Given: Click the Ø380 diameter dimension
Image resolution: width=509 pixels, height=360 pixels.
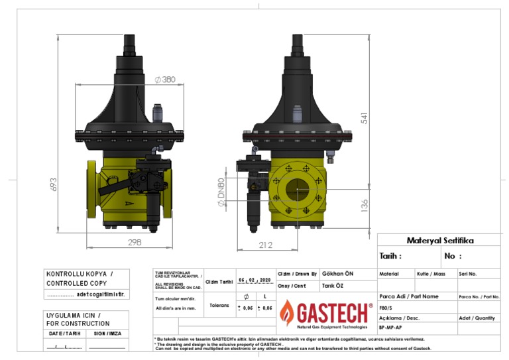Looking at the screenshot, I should click(x=165, y=80).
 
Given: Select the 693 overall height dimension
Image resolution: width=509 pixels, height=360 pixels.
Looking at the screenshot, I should click(x=54, y=184).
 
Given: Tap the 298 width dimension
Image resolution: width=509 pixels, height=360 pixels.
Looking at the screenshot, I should click(x=135, y=243).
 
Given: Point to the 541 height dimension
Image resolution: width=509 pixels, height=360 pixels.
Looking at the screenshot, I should click(x=364, y=117).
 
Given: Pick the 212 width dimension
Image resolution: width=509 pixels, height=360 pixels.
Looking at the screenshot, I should click(x=266, y=245).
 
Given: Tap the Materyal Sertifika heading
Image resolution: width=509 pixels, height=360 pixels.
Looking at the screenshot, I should click(x=439, y=240).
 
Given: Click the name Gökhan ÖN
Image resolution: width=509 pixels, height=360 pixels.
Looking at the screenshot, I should click(x=337, y=273).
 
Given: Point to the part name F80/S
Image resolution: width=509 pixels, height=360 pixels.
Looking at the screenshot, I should click(x=386, y=308).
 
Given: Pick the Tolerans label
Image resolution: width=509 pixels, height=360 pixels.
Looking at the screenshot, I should click(x=219, y=306).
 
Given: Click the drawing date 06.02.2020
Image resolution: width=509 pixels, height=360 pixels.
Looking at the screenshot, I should click(x=254, y=280).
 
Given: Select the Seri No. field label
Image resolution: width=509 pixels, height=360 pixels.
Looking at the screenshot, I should click(x=468, y=274).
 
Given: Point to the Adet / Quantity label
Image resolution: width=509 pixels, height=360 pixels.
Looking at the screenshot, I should click(x=477, y=318).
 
